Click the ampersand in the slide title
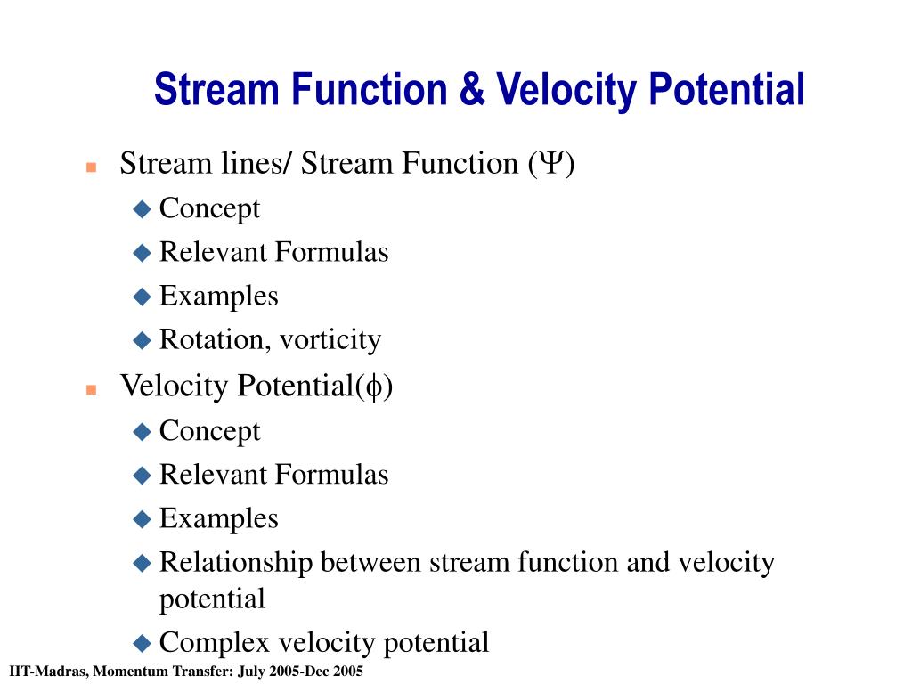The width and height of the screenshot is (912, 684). click(x=472, y=89)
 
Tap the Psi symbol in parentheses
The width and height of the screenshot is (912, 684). click(x=550, y=163)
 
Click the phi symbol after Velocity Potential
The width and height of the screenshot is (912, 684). click(x=374, y=387)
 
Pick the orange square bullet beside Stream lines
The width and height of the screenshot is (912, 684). click(x=92, y=167)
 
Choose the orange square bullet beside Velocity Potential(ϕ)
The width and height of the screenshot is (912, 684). click(x=92, y=390)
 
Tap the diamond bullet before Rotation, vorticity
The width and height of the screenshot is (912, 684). click(x=142, y=340)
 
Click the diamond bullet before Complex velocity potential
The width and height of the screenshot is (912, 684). click(x=142, y=643)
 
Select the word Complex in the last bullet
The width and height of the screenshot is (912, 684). click(x=214, y=643)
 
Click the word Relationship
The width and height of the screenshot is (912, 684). click(x=236, y=563)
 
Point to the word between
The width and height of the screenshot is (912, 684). click(x=370, y=563)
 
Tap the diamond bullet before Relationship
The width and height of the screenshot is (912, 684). click(x=142, y=563)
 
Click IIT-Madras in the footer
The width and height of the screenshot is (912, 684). click(x=49, y=672)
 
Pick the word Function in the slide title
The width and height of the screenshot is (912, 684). click(x=370, y=89)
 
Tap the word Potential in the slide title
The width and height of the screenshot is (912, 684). click(x=727, y=89)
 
